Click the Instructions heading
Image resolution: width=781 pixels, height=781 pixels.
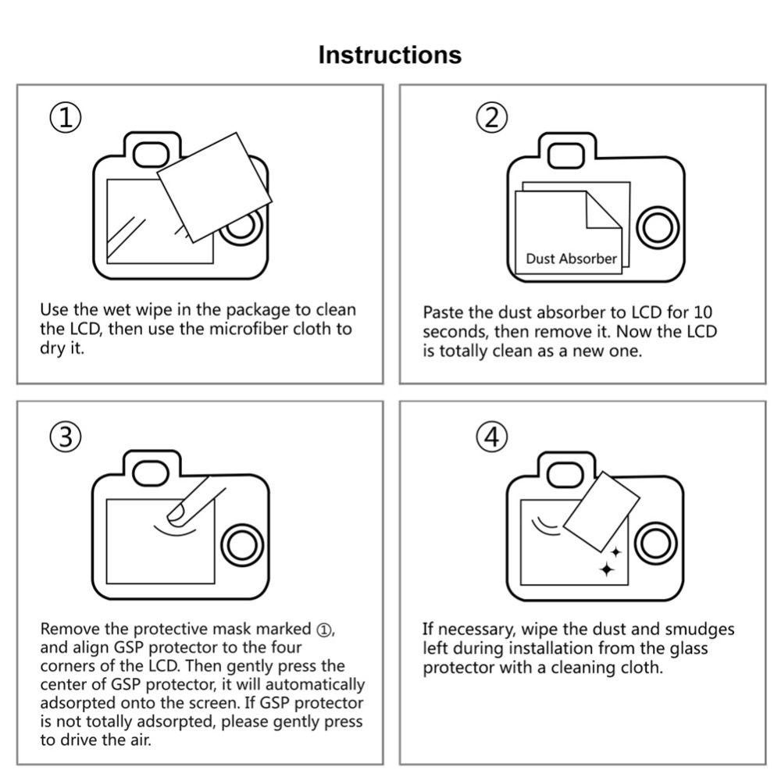click(390, 55)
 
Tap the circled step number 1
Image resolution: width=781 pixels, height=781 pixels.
click(66, 119)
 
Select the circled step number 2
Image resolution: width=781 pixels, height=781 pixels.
click(491, 119)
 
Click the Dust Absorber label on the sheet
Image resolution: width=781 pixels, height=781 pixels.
click(571, 259)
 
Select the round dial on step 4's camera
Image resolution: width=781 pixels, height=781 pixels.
click(657, 544)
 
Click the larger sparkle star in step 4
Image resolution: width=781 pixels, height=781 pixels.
click(607, 569)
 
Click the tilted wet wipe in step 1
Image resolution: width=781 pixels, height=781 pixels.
click(214, 187)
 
